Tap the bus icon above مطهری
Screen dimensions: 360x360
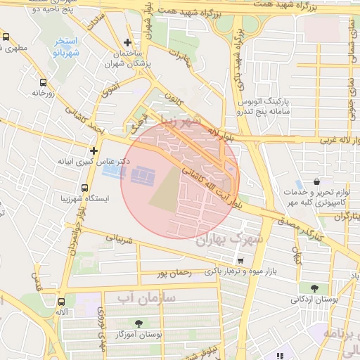pyautogui.click(x=6, y=37)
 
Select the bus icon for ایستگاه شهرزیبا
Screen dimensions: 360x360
pyautogui.click(x=84, y=188)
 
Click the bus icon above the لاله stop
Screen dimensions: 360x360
pyautogui.click(x=62, y=300)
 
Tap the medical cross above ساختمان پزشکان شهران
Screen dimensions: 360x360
pyautogui.click(x=127, y=43)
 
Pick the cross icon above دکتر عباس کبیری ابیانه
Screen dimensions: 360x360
pyautogui.click(x=94, y=150)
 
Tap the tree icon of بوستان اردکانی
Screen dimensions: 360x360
pyautogui.click(x=314, y=288)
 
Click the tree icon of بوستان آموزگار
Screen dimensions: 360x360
pyautogui.click(x=138, y=323)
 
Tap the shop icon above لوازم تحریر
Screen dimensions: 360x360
pyautogui.click(x=300, y=184)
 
